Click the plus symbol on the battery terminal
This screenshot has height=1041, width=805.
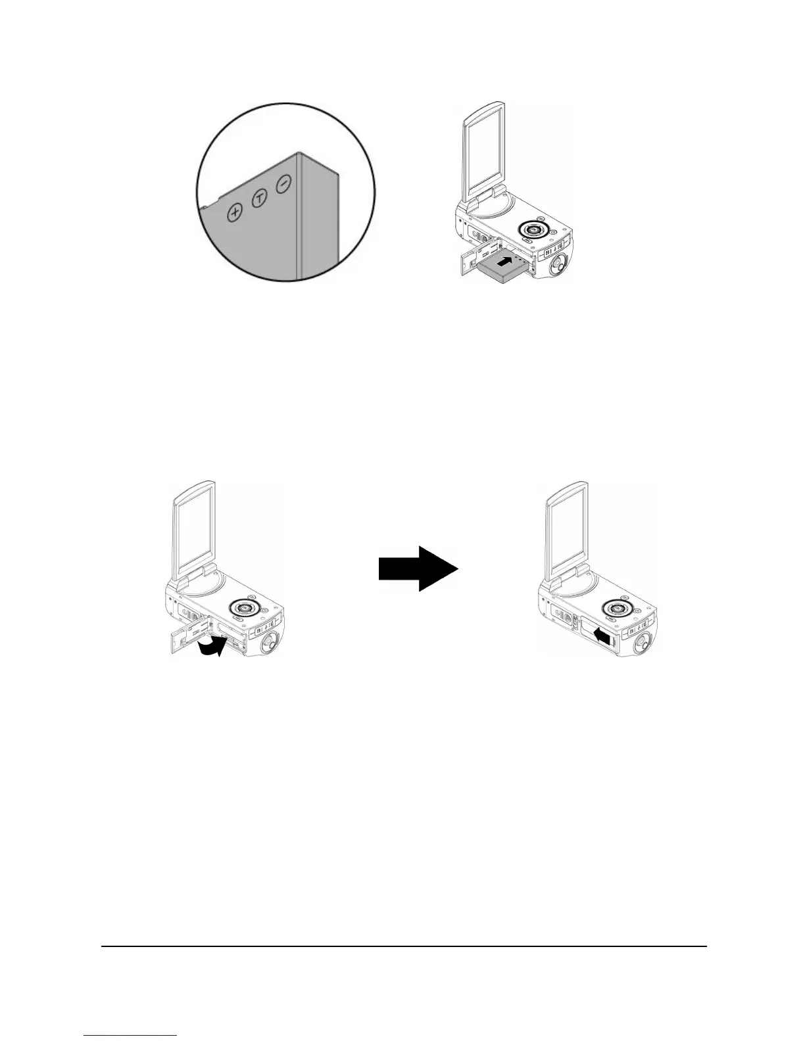pos(235,212)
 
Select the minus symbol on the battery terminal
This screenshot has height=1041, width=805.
pos(283,185)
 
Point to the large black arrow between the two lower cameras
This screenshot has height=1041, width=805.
pos(418,568)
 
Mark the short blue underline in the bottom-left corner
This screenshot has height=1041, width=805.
pos(131,1036)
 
